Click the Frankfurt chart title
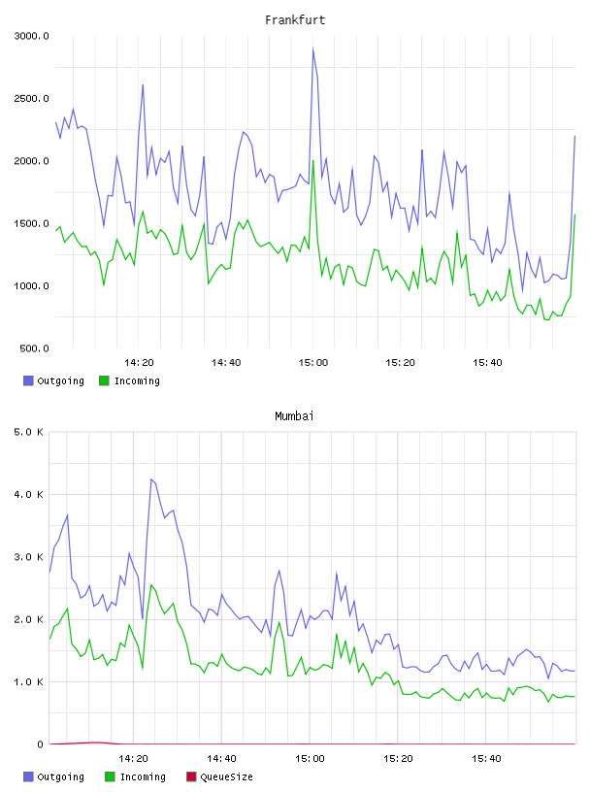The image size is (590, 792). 295,19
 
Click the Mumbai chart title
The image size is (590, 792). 294,415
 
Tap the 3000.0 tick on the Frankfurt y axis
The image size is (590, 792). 31,36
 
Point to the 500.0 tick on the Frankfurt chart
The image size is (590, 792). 34,348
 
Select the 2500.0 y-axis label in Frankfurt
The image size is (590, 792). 31,98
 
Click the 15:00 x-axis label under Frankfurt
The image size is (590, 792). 313,362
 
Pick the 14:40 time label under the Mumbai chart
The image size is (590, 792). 221,758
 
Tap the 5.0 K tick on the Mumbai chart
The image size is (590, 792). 28,432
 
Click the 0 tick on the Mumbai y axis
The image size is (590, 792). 40,744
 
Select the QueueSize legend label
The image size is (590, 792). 226,776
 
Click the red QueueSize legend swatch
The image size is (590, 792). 191,776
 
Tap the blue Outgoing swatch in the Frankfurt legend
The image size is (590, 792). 28,380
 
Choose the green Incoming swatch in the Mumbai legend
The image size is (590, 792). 110,776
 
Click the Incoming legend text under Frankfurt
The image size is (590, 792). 137,380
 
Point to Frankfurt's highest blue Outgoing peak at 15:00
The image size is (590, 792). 313,49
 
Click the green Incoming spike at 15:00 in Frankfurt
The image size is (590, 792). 313,161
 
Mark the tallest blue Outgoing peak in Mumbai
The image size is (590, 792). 151,479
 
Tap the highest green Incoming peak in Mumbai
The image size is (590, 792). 151,585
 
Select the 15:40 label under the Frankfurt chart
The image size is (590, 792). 487,362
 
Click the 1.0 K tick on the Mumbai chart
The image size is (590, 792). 28,682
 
